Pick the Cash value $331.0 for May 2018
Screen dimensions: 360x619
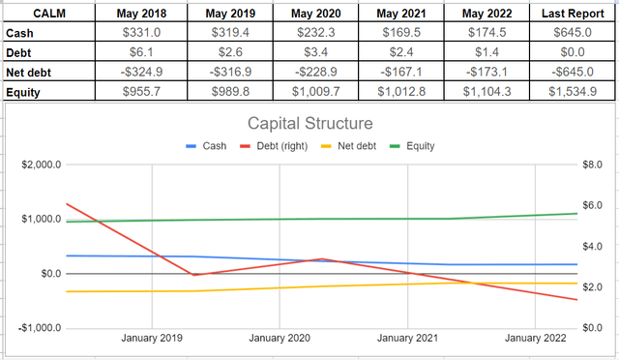coord(140,33)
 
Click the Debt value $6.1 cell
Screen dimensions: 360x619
coord(140,51)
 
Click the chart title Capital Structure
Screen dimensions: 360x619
coord(309,124)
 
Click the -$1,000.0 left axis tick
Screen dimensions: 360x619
coord(37,328)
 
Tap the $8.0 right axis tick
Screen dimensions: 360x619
coord(593,165)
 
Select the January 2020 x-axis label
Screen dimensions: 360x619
coord(280,339)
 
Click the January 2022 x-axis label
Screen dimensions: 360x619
coord(535,339)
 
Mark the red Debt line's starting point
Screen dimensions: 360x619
coord(67,204)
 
